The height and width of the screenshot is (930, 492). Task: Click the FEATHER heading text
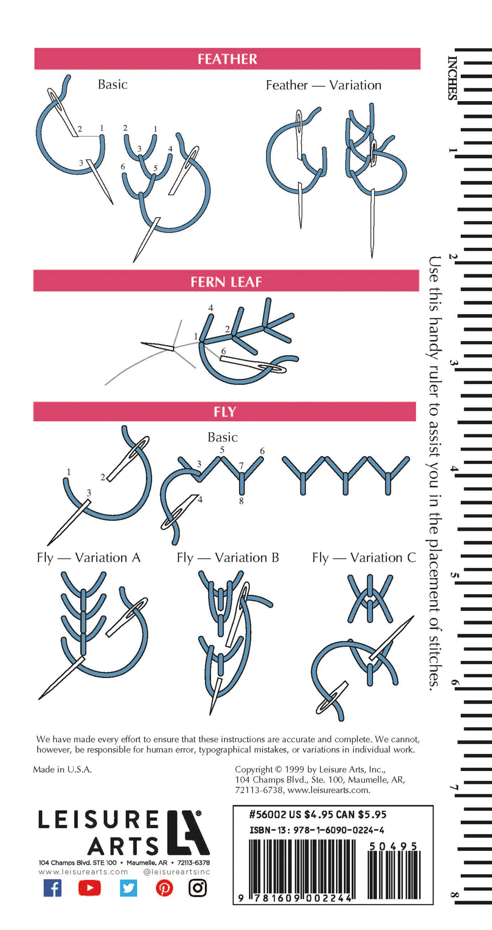[x=227, y=59]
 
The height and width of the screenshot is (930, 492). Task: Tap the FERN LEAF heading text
[x=226, y=282]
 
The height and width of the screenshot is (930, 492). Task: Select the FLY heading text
[x=225, y=412]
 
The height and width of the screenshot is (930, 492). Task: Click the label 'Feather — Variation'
[x=324, y=85]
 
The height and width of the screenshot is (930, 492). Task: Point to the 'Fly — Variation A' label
[x=88, y=558]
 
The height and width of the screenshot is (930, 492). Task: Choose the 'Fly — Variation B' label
[x=228, y=558]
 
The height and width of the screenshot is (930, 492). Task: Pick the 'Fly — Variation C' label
[x=364, y=558]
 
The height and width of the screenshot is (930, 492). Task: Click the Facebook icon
[x=52, y=888]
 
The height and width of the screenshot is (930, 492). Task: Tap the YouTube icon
[x=89, y=888]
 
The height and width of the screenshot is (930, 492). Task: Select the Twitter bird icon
[x=128, y=888]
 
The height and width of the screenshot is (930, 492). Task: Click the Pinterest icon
[x=164, y=888]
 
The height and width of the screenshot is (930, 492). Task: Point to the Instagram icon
[x=198, y=888]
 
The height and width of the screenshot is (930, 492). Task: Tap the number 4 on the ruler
[x=452, y=469]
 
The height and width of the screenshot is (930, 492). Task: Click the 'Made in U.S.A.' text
[x=62, y=769]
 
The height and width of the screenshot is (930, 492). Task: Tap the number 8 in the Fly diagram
[x=241, y=501]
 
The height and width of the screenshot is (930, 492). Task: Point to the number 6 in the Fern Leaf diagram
[x=223, y=351]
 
